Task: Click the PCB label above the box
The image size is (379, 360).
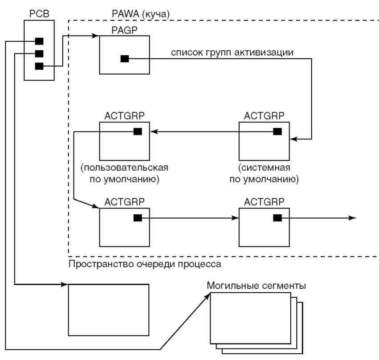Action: pyautogui.click(x=39, y=14)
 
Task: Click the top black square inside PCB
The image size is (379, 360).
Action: pyautogui.click(x=39, y=41)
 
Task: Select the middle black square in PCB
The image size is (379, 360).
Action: pyautogui.click(x=39, y=53)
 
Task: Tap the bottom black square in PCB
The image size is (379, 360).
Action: pyautogui.click(x=39, y=66)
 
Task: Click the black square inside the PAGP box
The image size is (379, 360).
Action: pyautogui.click(x=125, y=58)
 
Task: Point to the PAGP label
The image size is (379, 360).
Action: pyautogui.click(x=125, y=30)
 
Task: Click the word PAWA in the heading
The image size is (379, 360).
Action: pyautogui.click(x=126, y=14)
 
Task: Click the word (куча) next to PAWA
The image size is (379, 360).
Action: pyautogui.click(x=155, y=14)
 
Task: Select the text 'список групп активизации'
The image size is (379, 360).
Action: pyautogui.click(x=232, y=53)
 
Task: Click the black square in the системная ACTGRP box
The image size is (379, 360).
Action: pyautogui.click(x=277, y=131)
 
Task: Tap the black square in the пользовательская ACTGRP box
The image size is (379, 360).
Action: pyautogui.click(x=138, y=131)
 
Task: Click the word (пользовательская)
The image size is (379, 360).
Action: pyautogui.click(x=125, y=168)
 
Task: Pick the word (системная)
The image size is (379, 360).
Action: pyautogui.click(x=264, y=168)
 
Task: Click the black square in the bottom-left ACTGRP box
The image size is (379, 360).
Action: pyautogui.click(x=138, y=218)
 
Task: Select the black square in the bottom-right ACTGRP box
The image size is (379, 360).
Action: pyautogui.click(x=277, y=218)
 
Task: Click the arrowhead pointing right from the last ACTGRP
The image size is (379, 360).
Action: pyautogui.click(x=353, y=218)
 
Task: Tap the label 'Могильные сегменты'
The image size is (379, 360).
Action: pyautogui.click(x=257, y=286)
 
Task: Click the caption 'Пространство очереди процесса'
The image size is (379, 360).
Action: pyautogui.click(x=145, y=264)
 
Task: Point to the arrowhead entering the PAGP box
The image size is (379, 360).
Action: pyautogui.click(x=96, y=36)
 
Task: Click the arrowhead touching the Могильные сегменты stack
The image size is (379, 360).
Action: pyautogui.click(x=208, y=296)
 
